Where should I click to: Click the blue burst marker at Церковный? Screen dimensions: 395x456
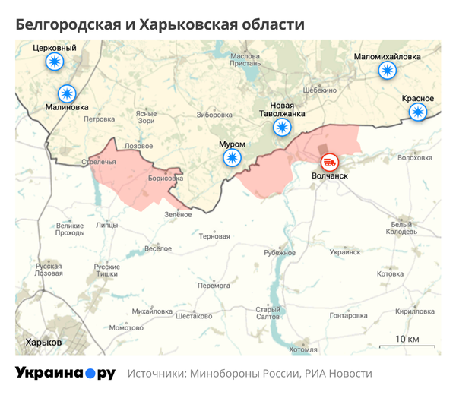(x=54, y=62)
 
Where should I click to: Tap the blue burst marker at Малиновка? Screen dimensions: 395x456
(x=68, y=93)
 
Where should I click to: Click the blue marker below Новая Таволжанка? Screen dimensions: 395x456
(x=283, y=127)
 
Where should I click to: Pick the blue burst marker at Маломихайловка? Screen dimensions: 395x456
(x=388, y=71)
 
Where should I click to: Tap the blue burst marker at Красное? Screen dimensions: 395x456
(x=417, y=112)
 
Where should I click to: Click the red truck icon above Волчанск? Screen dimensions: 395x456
(x=330, y=161)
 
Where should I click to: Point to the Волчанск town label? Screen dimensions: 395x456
(x=330, y=175)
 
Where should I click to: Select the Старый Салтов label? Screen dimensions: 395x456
(x=268, y=313)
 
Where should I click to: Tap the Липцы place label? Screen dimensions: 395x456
(x=108, y=226)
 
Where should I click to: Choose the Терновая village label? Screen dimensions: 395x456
(x=214, y=236)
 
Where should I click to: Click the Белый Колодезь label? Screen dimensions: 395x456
(x=401, y=229)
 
